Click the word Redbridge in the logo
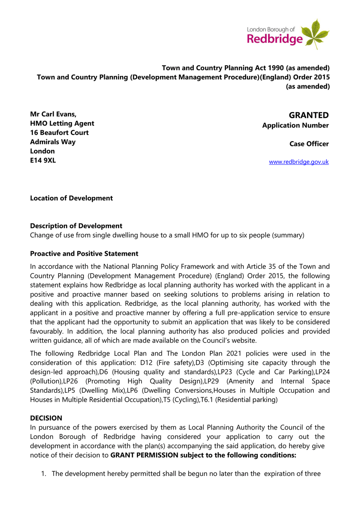[275, 40]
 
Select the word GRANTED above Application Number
[309, 115]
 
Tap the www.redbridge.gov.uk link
[299, 162]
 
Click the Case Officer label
[309, 144]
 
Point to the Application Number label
[295, 126]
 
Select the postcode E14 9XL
[43, 160]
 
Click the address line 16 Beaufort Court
[59, 133]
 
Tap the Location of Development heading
[71, 198]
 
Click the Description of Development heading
[76, 226]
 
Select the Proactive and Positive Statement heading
[84, 254]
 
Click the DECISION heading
[46, 418]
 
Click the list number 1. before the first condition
[43, 474]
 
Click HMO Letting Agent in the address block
[62, 123]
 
